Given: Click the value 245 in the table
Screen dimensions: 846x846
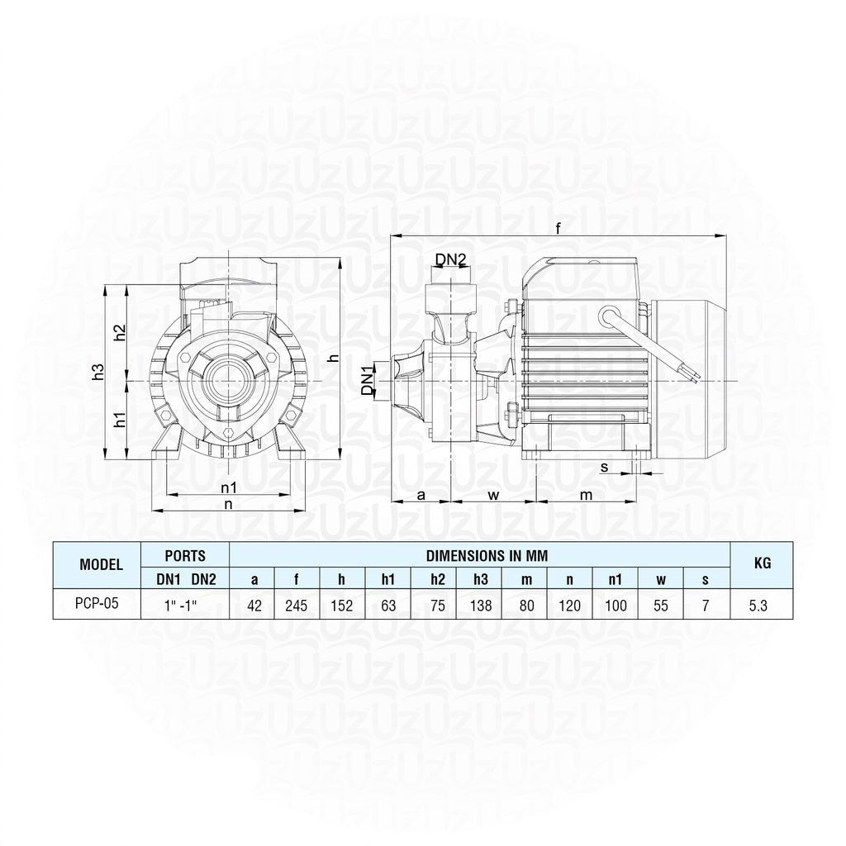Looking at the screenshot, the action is (x=297, y=606).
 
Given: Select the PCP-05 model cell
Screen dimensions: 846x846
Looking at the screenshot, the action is (x=97, y=603).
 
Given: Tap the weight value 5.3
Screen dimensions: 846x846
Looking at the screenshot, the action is (x=758, y=606).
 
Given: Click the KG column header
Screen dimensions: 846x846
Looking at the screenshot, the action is (x=762, y=563).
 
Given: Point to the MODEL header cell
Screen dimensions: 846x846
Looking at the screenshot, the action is (x=101, y=564).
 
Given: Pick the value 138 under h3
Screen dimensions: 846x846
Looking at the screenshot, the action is (x=481, y=606).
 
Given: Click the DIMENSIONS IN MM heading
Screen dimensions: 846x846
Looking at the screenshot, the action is (x=487, y=556).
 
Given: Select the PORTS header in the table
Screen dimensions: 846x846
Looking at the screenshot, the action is (x=185, y=556).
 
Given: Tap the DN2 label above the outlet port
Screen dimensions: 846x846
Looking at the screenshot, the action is (x=450, y=259).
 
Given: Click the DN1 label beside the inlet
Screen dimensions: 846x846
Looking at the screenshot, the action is (x=367, y=380).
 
